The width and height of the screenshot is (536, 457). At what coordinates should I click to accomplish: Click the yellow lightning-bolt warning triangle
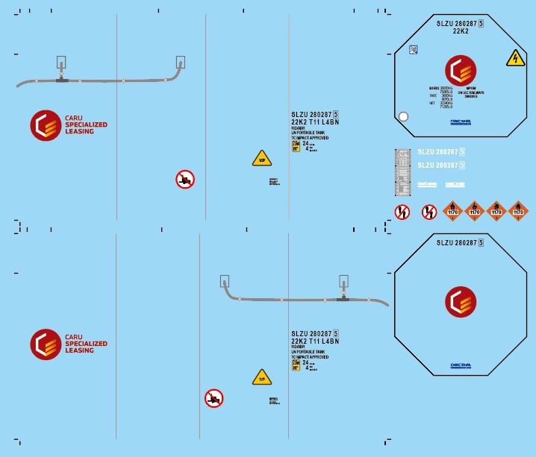coord(515,58)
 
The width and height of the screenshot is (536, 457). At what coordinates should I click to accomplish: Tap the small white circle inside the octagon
coord(404,116)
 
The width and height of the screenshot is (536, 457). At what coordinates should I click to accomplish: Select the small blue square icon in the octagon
coord(414,49)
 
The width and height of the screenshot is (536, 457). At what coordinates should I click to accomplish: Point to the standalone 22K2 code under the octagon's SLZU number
coord(461,31)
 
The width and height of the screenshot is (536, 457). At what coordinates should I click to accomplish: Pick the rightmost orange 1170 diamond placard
coord(518,211)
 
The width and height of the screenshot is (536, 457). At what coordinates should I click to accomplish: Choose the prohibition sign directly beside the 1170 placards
coord(429,212)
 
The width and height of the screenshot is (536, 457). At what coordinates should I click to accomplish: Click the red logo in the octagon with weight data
coord(461,71)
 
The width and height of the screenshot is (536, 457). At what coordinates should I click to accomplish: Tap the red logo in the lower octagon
coord(461,302)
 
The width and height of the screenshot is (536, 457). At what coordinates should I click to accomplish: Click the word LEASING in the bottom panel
coord(80,350)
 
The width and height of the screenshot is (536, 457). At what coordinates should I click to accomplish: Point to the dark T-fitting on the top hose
coord(60,79)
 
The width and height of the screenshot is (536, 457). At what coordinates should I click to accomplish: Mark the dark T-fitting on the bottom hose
coord(343,299)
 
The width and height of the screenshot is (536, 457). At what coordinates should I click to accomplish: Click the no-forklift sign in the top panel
coord(185,179)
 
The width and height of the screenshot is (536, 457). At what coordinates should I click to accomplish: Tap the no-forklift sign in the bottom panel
coord(214,398)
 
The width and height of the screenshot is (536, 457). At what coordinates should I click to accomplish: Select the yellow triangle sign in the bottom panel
coord(261,378)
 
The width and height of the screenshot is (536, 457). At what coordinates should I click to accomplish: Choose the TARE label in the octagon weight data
coord(433,95)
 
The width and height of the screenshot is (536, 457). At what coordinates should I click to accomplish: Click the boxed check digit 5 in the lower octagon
coord(481,242)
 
